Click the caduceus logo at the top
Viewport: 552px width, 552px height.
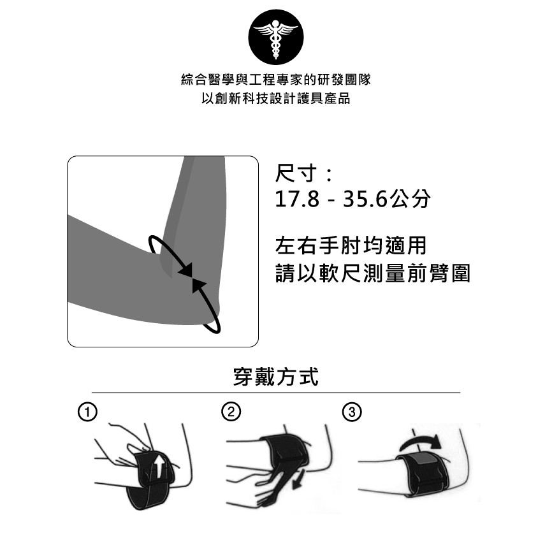pyautogui.click(x=275, y=38)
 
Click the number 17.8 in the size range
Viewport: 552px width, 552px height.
pyautogui.click(x=297, y=199)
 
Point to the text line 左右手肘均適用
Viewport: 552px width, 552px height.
pyautogui.click(x=351, y=245)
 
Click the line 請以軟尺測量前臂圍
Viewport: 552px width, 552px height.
pyautogui.click(x=373, y=273)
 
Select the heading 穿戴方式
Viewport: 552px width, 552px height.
pyautogui.click(x=275, y=377)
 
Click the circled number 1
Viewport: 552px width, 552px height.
pyautogui.click(x=87, y=412)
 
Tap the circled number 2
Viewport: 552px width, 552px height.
pyautogui.click(x=231, y=412)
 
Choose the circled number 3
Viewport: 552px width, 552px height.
pyautogui.click(x=352, y=412)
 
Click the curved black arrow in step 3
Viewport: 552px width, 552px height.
pyautogui.click(x=421, y=440)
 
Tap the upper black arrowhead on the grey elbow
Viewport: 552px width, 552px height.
pyautogui.click(x=185, y=270)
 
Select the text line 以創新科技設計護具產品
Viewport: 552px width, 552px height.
pyautogui.click(x=275, y=99)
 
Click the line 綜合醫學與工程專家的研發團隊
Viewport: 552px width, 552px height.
pyautogui.click(x=275, y=80)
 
